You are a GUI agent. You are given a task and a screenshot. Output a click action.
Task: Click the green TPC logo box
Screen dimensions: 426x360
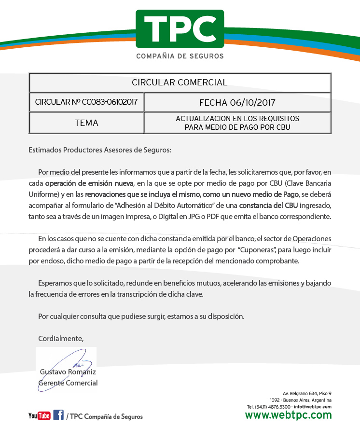click(180, 28)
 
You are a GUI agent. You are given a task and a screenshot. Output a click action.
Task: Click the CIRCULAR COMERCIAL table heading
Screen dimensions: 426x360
click(180, 82)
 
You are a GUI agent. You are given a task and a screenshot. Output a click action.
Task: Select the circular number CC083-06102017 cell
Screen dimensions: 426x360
click(86, 102)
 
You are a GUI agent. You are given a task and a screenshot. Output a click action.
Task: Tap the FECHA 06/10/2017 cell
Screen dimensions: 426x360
click(237, 102)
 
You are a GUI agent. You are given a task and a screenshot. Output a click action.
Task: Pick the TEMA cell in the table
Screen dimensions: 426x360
click(86, 123)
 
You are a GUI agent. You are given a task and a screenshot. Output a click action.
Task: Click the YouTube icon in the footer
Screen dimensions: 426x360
click(39, 416)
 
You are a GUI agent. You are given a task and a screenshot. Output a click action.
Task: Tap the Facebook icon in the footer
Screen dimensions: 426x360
click(58, 415)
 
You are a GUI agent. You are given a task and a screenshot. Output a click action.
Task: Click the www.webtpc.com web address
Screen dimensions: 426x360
click(288, 415)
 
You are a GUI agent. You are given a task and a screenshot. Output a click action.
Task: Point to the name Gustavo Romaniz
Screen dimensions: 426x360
click(68, 372)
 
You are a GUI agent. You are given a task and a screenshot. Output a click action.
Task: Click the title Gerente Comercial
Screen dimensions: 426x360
click(68, 383)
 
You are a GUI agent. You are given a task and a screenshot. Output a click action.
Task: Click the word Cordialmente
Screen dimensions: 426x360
click(61, 339)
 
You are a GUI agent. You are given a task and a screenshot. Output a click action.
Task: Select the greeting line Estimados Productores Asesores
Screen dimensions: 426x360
click(100, 150)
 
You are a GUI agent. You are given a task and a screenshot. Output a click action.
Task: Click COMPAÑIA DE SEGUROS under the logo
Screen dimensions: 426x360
click(180, 56)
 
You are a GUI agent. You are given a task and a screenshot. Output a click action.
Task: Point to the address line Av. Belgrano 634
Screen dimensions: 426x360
click(307, 394)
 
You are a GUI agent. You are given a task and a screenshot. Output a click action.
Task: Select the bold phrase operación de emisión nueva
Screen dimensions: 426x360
click(89, 183)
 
